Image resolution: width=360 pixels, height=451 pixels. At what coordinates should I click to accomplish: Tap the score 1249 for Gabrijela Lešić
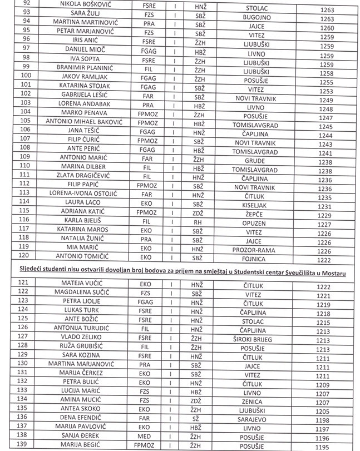click(327, 100)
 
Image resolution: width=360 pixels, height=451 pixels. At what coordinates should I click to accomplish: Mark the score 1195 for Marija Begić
click(327, 447)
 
